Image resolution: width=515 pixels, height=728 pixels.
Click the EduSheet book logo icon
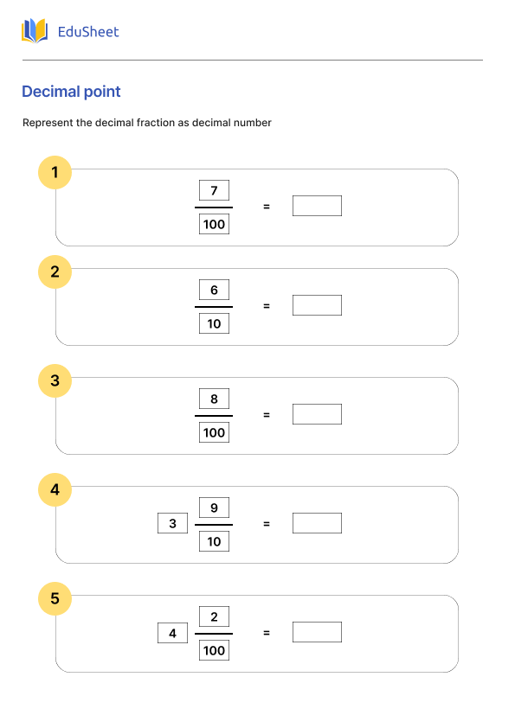pyautogui.click(x=35, y=32)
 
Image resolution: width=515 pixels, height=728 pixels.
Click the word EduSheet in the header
pyautogui.click(x=87, y=32)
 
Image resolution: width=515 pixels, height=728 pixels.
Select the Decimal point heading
pyautogui.click(x=71, y=92)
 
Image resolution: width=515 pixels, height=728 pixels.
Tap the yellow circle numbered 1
pyautogui.click(x=55, y=173)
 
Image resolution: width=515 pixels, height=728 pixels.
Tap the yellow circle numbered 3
pyautogui.click(x=55, y=380)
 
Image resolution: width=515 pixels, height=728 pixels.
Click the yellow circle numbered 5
pyautogui.click(x=55, y=598)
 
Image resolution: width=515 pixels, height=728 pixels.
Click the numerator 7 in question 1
pyautogui.click(x=214, y=190)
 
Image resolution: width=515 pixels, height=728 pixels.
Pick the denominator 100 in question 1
pyautogui.click(x=214, y=225)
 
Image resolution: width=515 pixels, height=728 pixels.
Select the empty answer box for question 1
pyautogui.click(x=317, y=206)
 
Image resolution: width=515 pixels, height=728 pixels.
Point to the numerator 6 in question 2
pyautogui.click(x=214, y=290)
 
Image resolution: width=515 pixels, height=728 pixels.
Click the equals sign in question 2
pyautogui.click(x=267, y=306)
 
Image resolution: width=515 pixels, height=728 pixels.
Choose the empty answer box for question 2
pyautogui.click(x=317, y=305)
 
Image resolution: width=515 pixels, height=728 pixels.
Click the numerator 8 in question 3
pyautogui.click(x=214, y=399)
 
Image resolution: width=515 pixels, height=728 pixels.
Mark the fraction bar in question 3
pyautogui.click(x=214, y=416)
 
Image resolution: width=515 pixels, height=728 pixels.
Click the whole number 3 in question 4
pyautogui.click(x=172, y=524)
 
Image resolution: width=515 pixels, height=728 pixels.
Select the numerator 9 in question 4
pyautogui.click(x=214, y=508)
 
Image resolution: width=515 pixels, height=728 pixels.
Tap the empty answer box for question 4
pyautogui.click(x=317, y=523)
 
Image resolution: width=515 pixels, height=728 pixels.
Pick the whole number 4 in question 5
pyautogui.click(x=172, y=633)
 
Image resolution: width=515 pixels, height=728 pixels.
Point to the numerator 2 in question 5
pyautogui.click(x=214, y=616)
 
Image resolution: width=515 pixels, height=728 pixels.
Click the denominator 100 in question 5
pyautogui.click(x=214, y=651)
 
